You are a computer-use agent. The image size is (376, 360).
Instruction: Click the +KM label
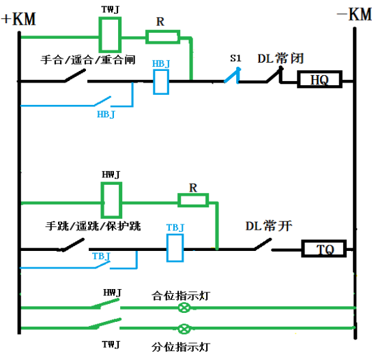point(18,19)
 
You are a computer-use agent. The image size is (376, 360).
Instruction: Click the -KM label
point(354,14)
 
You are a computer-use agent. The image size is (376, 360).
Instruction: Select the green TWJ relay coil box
point(110,35)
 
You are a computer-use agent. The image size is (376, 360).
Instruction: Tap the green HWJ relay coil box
point(111,200)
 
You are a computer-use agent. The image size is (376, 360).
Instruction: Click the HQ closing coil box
point(319,79)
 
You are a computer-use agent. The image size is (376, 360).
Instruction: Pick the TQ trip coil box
point(323,248)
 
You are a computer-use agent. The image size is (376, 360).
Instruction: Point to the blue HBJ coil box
point(161,82)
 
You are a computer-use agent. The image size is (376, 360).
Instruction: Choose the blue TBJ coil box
point(175,248)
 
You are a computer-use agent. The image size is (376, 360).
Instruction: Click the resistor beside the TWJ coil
point(163,37)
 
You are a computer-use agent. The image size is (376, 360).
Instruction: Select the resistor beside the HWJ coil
point(193,200)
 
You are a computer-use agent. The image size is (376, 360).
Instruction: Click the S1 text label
point(235,58)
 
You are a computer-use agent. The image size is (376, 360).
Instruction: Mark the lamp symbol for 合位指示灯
point(184,307)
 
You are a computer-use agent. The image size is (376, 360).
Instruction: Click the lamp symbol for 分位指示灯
point(184,329)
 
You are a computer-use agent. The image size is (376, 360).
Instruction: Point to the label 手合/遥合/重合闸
point(88,60)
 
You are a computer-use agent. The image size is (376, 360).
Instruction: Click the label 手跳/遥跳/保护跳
point(93,226)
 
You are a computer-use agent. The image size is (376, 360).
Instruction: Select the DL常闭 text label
point(280,58)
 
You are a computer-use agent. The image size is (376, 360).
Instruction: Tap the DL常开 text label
point(269,226)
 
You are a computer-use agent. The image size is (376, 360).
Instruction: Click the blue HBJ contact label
point(106,115)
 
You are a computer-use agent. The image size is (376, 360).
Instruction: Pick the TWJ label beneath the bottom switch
point(111,344)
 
